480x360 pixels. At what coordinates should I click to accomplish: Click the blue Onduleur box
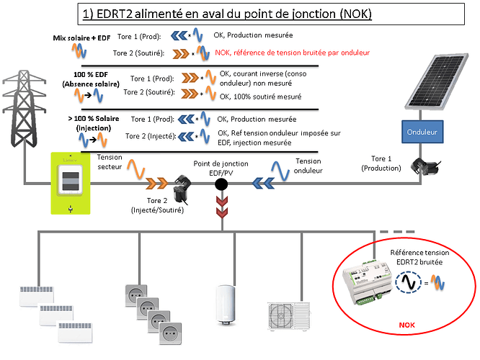point(422,132)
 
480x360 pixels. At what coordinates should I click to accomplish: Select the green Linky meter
point(69,184)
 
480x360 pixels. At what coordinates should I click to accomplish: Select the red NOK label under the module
point(406,325)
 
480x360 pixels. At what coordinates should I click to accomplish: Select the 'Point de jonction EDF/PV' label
point(221,168)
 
